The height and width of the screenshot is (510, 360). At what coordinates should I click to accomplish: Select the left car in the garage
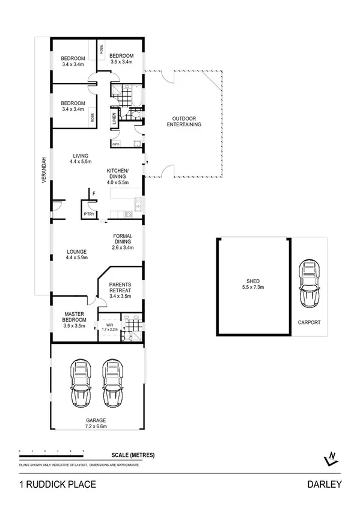point(80,383)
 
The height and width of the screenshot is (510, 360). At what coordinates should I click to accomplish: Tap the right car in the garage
point(111,383)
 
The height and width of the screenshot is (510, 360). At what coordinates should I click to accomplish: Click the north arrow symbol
point(330,459)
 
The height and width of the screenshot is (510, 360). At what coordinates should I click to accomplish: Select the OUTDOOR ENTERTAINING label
point(183,121)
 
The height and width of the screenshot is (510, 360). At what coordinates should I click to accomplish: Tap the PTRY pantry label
point(89,214)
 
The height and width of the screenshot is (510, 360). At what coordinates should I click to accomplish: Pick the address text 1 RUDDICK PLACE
point(57,484)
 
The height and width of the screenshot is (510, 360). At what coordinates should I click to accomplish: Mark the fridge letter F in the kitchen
point(94,193)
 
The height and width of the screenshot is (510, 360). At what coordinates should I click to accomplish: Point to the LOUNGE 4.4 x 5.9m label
point(76,254)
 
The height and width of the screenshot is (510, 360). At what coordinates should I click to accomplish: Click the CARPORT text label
point(309,322)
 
